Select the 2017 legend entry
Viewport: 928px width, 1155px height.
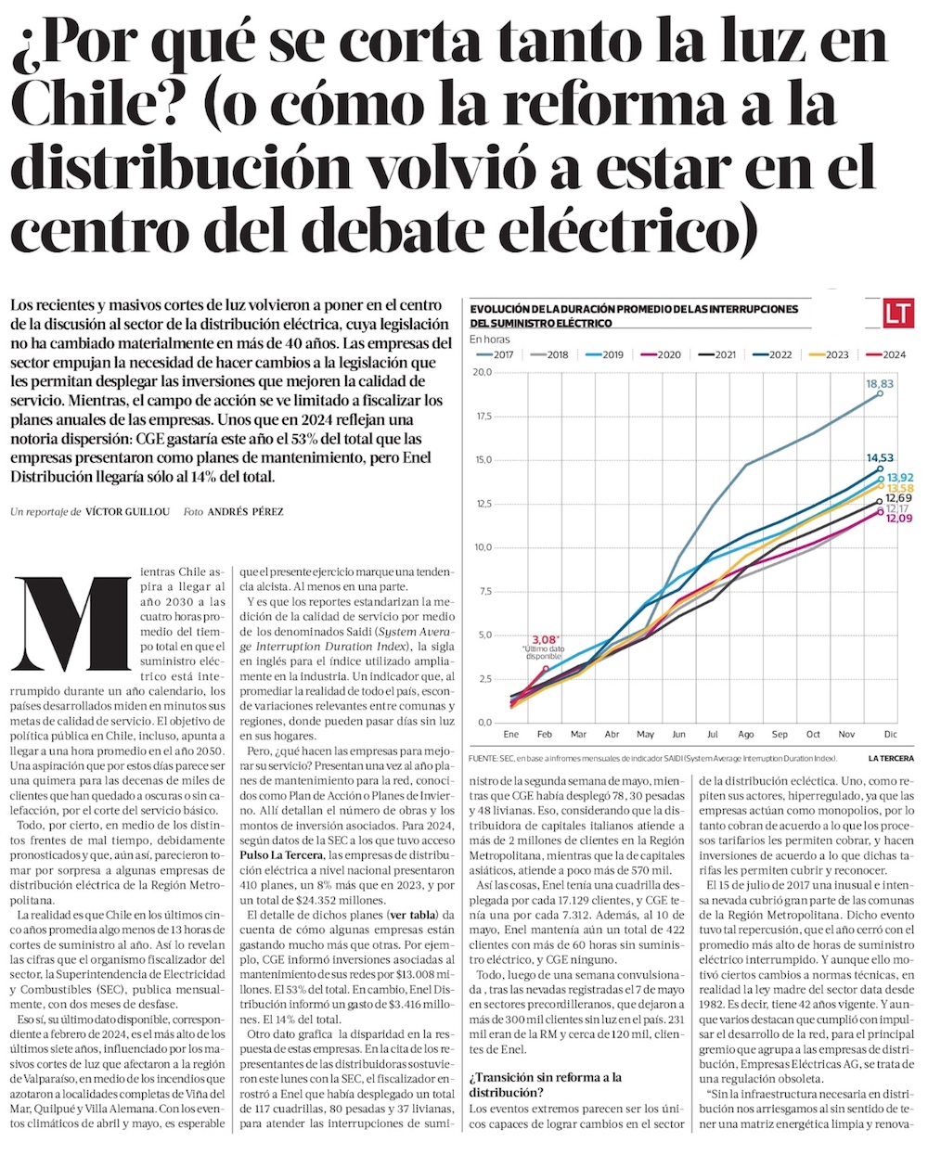(496, 355)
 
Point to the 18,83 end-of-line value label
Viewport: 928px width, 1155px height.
(880, 383)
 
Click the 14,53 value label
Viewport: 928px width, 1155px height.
(880, 457)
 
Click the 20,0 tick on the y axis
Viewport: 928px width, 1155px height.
(482, 373)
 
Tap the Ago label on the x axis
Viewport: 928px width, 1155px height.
(746, 735)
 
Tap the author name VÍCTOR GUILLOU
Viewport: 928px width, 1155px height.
(127, 512)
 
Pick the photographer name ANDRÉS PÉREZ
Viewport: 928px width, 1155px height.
(245, 512)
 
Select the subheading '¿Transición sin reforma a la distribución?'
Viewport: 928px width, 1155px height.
(546, 1084)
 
